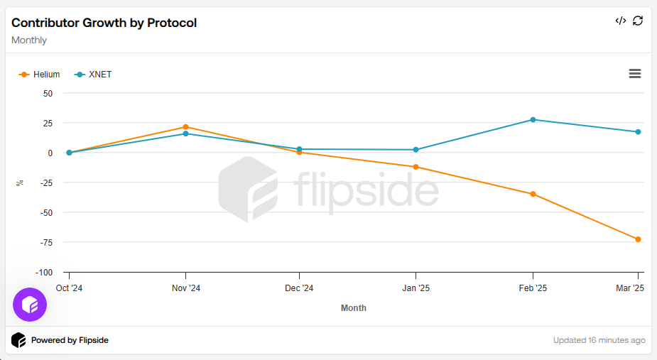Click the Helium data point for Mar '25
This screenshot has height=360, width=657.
coord(638,239)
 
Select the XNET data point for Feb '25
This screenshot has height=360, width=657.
coord(533,119)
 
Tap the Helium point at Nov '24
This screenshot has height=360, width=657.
coord(185,127)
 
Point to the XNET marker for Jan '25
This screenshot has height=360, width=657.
coord(416,150)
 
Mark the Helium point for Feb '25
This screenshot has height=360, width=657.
coord(533,194)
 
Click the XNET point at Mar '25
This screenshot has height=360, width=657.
coord(638,132)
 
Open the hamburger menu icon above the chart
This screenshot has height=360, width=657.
coord(635,74)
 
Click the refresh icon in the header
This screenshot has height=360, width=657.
coord(638,21)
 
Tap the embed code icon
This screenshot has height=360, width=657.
coord(620,21)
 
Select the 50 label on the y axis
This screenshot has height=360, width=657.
coord(48,93)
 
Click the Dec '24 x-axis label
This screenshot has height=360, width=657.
coord(299,288)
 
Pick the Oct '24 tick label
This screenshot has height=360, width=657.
coord(69,288)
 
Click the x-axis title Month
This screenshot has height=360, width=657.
coord(354,308)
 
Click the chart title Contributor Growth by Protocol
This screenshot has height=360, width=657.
coord(104,23)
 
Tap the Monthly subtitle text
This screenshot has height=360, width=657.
coord(29,40)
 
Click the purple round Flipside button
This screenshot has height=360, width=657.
coord(30,305)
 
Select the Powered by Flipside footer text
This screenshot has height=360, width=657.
coord(70,340)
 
